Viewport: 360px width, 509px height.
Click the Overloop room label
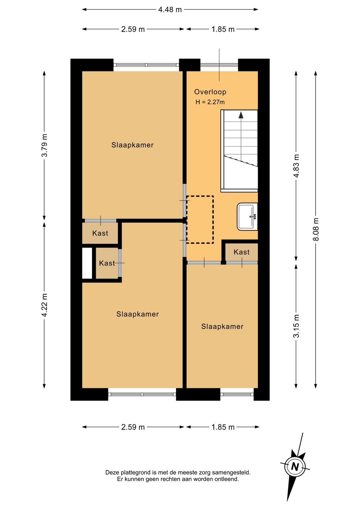pos(210,92)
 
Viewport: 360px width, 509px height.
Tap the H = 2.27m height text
pos(210,102)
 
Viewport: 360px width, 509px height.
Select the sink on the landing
pos(247,216)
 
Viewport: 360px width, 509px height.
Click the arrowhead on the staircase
pos(241,115)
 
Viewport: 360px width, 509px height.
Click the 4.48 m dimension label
pos(170,10)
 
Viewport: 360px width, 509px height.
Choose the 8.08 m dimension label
pos(316,229)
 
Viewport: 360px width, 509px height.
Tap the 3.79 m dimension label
pos(44,145)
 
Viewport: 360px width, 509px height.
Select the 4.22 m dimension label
pos(44,305)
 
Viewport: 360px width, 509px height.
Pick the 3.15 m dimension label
pos(296,326)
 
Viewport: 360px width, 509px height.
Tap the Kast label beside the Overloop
pos(241,252)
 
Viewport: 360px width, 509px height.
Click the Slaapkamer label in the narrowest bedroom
pos(222,327)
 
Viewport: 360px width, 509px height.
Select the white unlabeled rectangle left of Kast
pos(87,263)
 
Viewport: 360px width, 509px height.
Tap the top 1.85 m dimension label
pos(223,29)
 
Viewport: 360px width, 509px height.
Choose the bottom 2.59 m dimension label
pos(133,427)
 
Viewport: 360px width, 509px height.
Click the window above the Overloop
pos(219,65)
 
